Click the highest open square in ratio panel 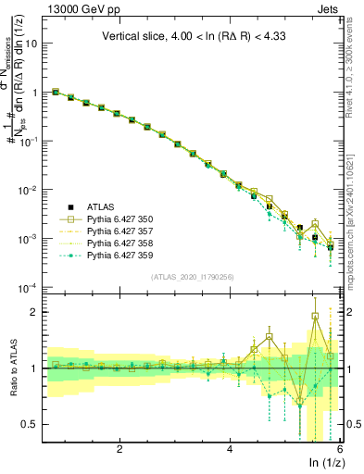[315, 316]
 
